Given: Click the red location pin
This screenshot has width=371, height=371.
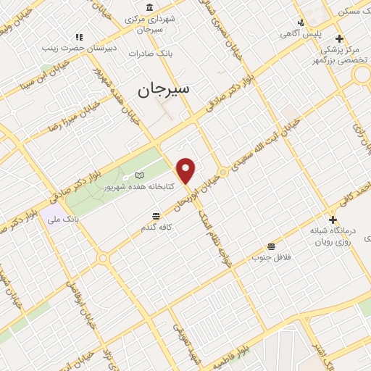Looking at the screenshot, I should (187, 170).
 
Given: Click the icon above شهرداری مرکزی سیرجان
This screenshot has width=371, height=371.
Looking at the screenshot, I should (149, 7).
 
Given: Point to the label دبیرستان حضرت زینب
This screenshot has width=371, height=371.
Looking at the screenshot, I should (79, 47).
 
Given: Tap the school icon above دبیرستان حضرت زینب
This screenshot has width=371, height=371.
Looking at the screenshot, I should (79, 36).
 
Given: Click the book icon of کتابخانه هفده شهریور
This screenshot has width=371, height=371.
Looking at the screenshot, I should (140, 175).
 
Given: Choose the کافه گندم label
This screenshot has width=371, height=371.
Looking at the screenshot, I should (156, 228).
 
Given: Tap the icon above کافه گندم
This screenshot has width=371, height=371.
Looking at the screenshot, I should (156, 216).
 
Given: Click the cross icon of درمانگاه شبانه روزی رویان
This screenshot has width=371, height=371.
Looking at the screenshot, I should (333, 220).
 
